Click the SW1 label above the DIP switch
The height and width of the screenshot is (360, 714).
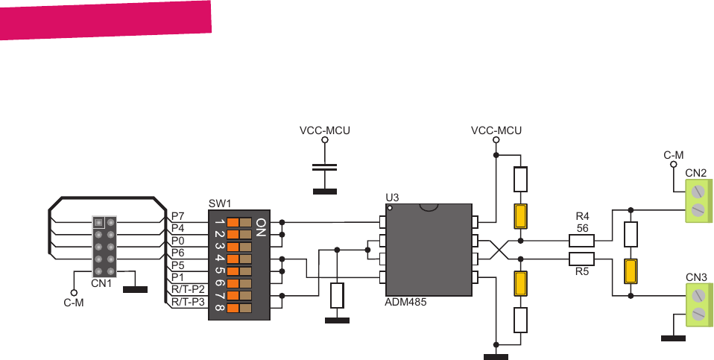[220, 203]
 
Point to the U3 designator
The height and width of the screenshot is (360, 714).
[392, 198]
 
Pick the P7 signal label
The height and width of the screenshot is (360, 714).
[177, 215]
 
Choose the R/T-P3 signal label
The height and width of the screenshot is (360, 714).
[187, 302]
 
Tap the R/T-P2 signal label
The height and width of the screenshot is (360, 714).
[187, 289]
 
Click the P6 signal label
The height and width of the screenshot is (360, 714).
[177, 253]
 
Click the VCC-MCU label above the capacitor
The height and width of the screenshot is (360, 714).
[324, 130]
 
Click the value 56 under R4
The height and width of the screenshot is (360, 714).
[583, 228]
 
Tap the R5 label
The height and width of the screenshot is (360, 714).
[583, 272]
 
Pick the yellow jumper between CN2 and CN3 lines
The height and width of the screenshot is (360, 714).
[631, 271]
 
